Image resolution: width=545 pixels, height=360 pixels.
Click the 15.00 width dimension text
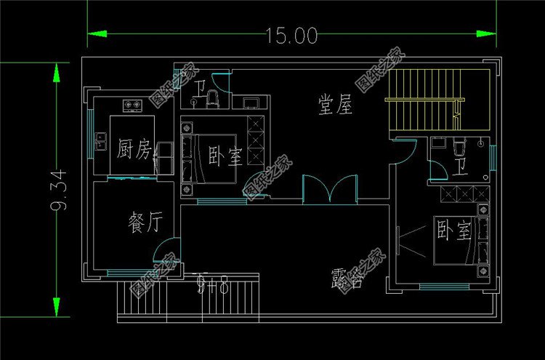click(x=291, y=35)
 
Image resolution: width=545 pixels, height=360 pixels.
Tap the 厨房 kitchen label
click(x=134, y=151)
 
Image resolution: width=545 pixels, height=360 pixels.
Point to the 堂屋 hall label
click(x=335, y=105)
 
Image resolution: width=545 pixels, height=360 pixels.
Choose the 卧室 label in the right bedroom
click(x=454, y=231)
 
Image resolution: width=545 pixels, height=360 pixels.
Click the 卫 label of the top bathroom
click(x=200, y=90)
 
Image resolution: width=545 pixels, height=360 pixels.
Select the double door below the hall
click(x=330, y=187)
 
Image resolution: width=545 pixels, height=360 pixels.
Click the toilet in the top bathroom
click(x=212, y=98)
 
